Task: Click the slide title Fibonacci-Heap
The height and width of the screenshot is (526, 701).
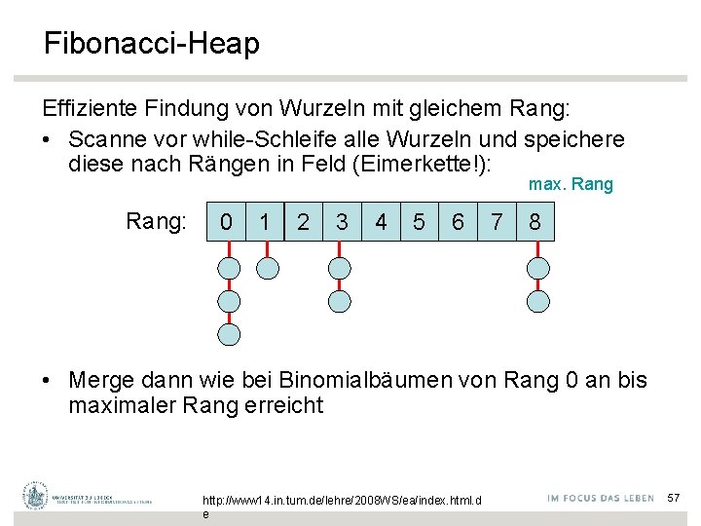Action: click(x=151, y=44)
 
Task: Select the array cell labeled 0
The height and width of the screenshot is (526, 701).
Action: click(x=227, y=222)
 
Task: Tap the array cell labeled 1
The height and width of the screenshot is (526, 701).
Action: click(x=265, y=222)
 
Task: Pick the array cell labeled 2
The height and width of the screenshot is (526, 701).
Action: click(x=303, y=222)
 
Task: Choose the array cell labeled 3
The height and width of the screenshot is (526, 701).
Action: click(x=341, y=222)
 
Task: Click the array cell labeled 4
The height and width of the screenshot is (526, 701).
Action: click(x=381, y=222)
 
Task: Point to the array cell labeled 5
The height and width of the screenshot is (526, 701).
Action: click(x=419, y=222)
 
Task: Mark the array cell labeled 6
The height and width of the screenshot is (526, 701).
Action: click(x=458, y=222)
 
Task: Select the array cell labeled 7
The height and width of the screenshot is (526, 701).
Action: click(x=497, y=222)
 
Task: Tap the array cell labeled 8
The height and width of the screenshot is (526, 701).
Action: click(x=535, y=222)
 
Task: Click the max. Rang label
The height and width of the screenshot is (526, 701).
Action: click(x=571, y=184)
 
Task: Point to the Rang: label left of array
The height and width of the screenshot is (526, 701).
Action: click(x=156, y=222)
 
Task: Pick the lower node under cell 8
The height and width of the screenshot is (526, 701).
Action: click(x=537, y=301)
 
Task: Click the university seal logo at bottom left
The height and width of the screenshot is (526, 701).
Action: click(x=36, y=496)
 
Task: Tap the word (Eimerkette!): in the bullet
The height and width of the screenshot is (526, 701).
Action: click(x=430, y=165)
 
